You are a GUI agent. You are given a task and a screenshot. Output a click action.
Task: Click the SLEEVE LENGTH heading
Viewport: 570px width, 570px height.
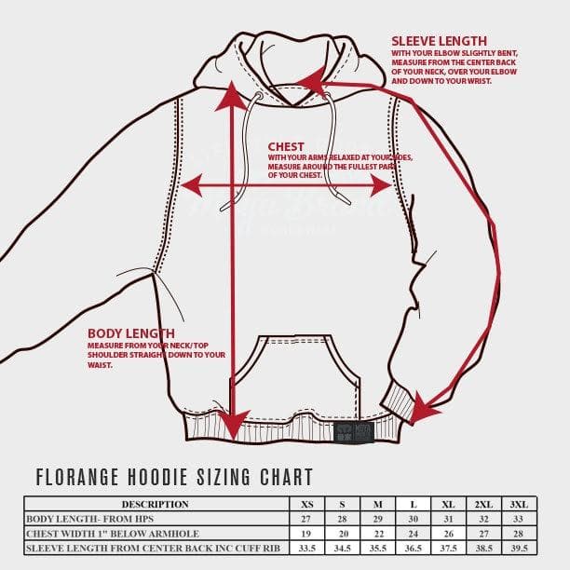click(439, 41)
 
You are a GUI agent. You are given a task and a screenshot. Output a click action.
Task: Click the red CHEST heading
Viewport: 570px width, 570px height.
click(286, 146)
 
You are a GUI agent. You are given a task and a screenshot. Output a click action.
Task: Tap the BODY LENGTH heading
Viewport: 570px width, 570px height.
click(130, 332)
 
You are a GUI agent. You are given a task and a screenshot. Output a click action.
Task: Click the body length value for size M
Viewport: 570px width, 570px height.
click(378, 519)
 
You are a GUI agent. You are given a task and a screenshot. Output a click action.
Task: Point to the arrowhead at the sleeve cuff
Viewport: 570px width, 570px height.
click(424, 410)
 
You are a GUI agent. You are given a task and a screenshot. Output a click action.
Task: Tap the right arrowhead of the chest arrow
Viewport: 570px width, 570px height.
click(382, 185)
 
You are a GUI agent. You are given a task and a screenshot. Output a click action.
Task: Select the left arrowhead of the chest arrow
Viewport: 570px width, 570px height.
click(190, 183)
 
